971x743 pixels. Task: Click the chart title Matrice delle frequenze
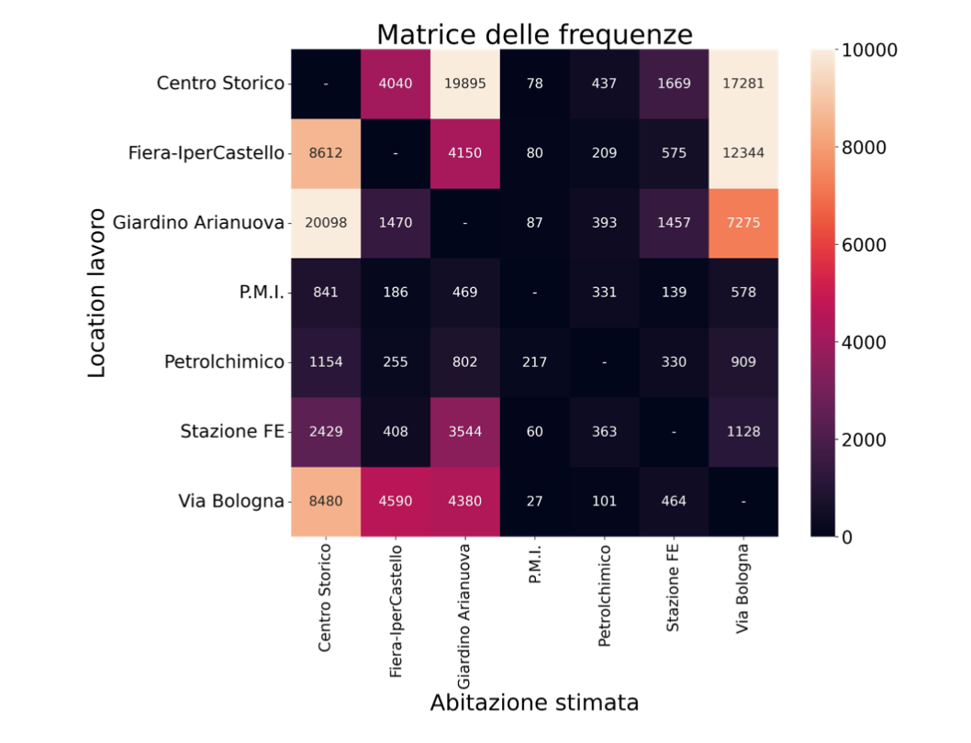534,34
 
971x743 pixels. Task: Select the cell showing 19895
465,83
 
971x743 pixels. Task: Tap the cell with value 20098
326,223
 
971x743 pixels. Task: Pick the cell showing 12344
743,153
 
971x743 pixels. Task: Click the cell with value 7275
743,223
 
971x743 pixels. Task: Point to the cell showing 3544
465,431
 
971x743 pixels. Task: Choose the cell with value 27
535,501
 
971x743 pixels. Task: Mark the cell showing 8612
326,153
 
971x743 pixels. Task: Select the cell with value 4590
396,501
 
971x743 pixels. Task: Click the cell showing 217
535,361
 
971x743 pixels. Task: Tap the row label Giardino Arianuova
198,222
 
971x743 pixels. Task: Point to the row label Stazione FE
232,431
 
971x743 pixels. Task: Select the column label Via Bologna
743,588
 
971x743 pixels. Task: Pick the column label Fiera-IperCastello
396,611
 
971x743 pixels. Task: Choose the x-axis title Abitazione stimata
534,704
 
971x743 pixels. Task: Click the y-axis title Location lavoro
98,293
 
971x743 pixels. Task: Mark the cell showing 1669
674,83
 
